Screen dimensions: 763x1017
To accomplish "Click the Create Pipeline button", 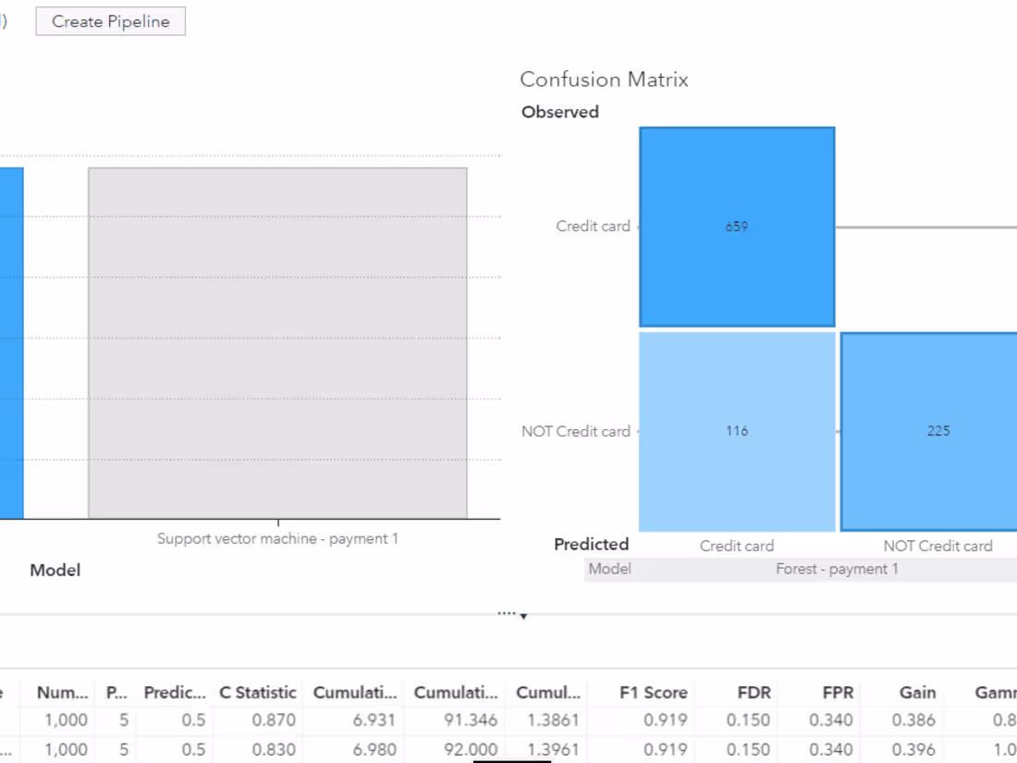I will (x=111, y=21).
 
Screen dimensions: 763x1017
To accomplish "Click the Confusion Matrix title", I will (x=604, y=80).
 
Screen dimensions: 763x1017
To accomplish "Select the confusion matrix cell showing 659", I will (x=737, y=227).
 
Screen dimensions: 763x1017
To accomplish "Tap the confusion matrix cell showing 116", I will (x=737, y=431).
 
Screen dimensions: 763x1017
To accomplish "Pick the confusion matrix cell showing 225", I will (x=937, y=431).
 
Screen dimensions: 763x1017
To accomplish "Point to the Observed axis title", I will (x=560, y=112).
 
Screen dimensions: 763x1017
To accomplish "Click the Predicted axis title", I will (x=592, y=544).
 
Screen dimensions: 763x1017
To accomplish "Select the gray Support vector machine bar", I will (x=277, y=342).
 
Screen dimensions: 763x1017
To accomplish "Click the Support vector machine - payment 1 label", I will (x=277, y=538).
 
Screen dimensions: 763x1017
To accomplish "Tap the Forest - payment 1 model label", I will (x=837, y=569).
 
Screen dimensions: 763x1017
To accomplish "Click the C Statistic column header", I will (x=258, y=692).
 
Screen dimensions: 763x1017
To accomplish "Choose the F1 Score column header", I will (x=654, y=692).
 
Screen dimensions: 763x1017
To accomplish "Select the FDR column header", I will (x=754, y=692).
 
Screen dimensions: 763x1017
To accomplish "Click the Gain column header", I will (x=917, y=692).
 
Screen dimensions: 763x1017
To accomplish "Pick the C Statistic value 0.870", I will (x=277, y=720).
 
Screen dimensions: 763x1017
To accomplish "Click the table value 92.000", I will (x=471, y=749).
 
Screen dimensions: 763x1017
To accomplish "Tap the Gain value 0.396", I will (x=916, y=749).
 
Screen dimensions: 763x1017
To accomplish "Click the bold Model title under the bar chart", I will (x=55, y=571).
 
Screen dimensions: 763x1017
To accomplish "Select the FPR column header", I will (x=838, y=692).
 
